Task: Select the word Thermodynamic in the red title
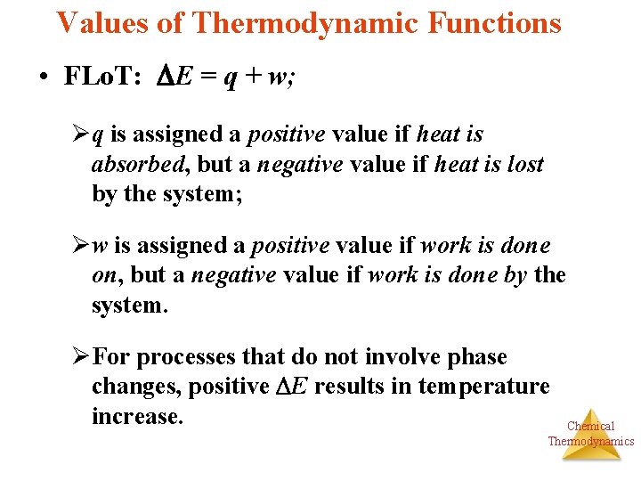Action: pos(304,22)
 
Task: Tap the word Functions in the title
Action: pos(492,22)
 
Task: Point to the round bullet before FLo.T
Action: pos(43,77)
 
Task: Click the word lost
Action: pos(524,165)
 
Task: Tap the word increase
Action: pos(136,416)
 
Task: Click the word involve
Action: pos(410,358)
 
